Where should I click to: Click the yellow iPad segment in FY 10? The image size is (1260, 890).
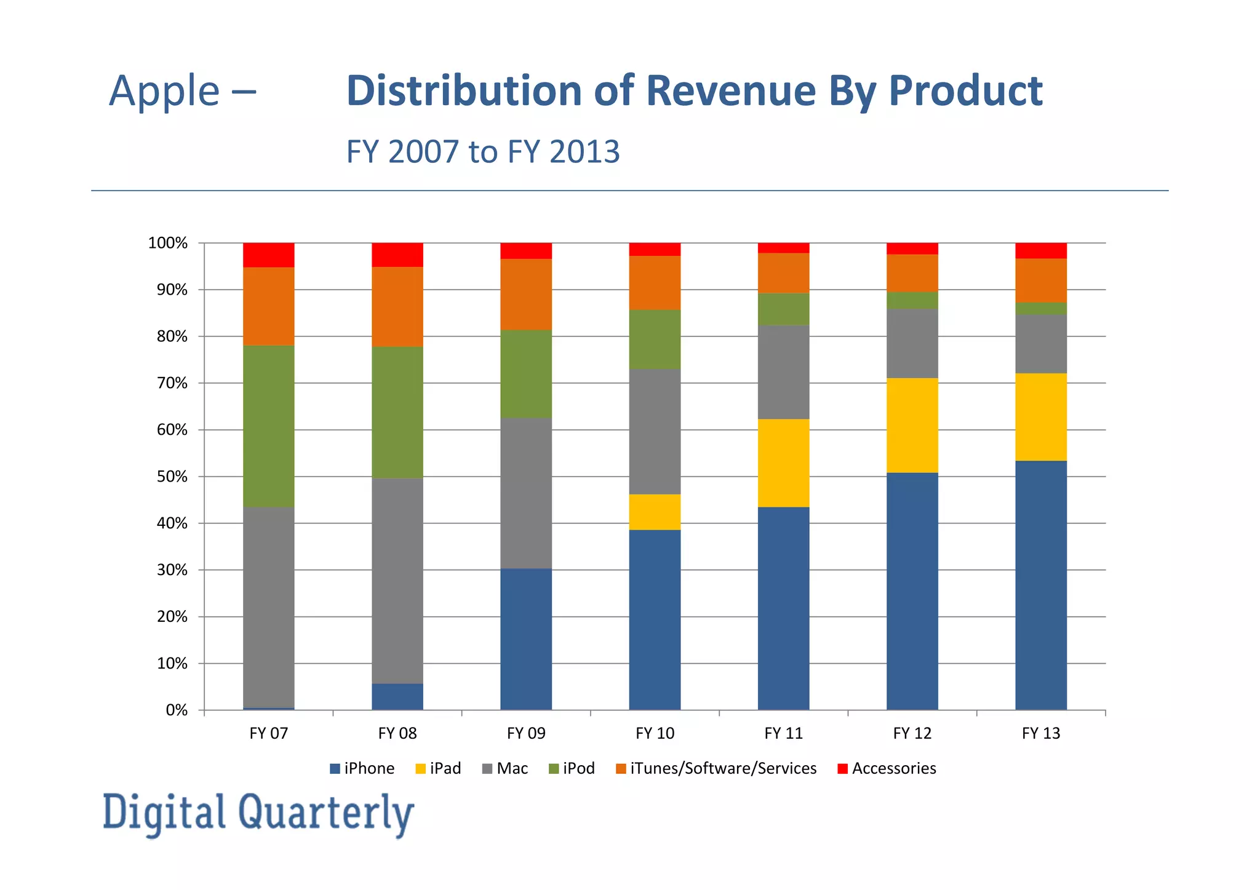(x=655, y=512)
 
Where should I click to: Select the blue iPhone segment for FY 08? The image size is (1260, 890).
(x=397, y=696)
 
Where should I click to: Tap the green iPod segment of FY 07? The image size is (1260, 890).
(x=268, y=426)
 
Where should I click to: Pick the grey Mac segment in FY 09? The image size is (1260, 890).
(x=526, y=493)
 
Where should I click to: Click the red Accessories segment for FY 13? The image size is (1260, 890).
(x=1041, y=250)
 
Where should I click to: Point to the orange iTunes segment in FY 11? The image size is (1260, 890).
(x=783, y=272)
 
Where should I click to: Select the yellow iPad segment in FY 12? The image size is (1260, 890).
(x=912, y=425)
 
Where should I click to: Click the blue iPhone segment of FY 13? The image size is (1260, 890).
(x=1041, y=585)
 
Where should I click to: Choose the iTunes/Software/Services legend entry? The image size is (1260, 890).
(x=716, y=768)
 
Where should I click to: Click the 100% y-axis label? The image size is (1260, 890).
(x=167, y=243)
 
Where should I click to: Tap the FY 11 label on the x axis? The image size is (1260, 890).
(x=783, y=733)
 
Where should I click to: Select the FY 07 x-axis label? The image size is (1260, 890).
(x=268, y=733)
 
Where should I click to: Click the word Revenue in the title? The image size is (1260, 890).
(x=732, y=91)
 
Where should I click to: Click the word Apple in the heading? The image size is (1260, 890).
(x=164, y=91)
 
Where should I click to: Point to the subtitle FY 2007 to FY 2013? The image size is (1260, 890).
(x=482, y=151)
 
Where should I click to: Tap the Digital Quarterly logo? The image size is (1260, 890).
(x=258, y=813)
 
